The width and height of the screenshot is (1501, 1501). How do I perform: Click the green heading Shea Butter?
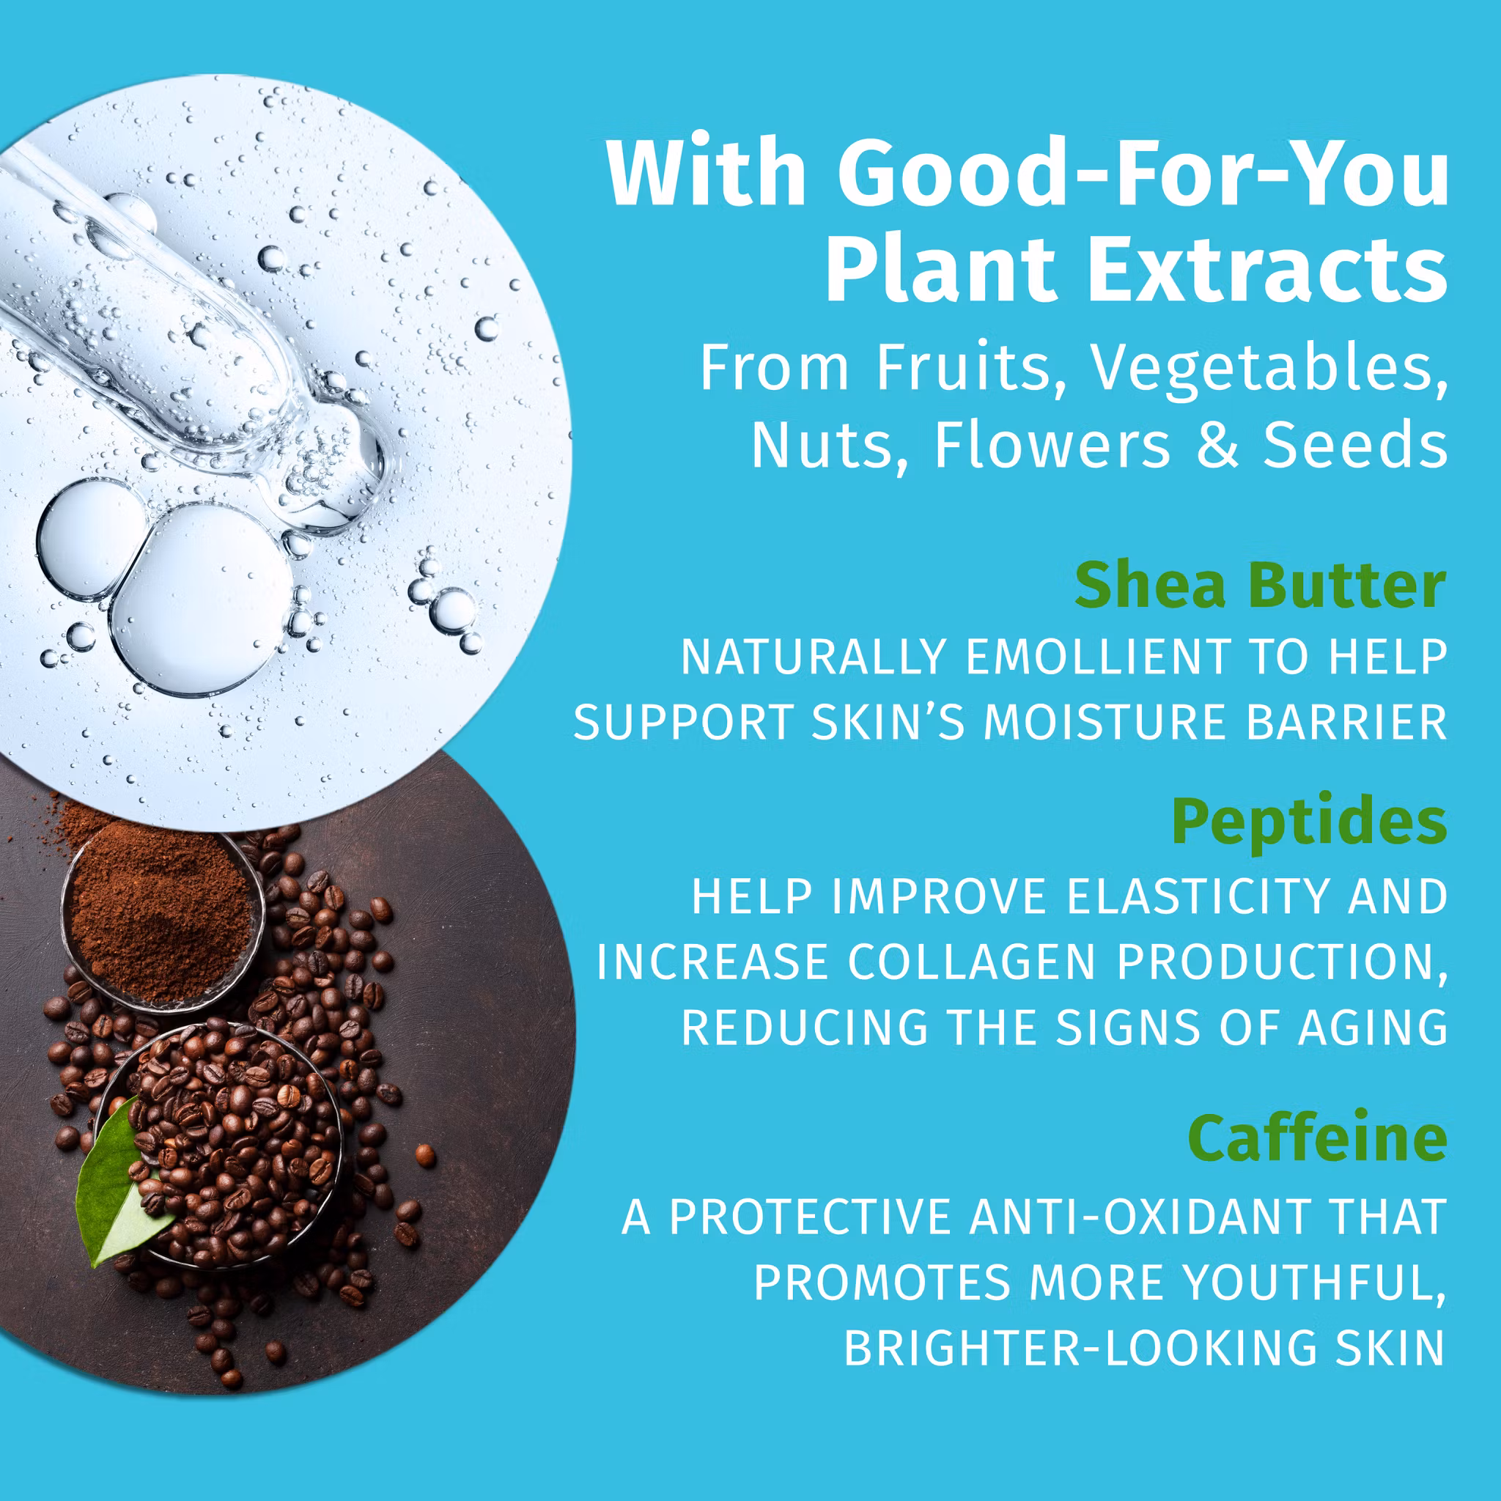click(1260, 586)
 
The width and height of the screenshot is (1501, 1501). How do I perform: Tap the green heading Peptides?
click(1309, 823)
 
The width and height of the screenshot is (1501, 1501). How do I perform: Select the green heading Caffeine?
click(1317, 1137)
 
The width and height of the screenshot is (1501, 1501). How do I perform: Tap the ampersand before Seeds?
click(1217, 445)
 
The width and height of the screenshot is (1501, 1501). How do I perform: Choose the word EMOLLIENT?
click(1097, 657)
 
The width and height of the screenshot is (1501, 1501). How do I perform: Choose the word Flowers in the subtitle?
click(1052, 445)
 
